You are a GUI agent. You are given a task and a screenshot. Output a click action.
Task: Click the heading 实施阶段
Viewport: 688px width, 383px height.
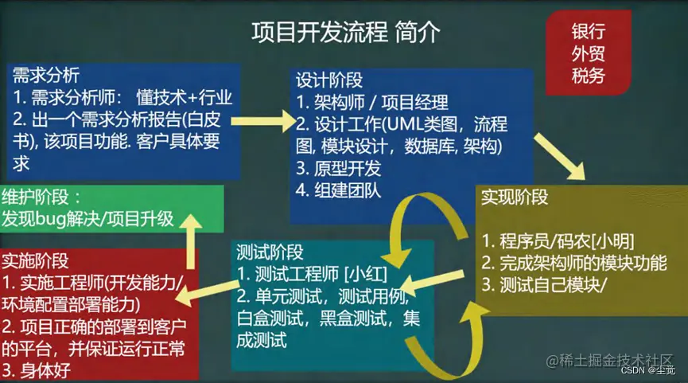tap(35, 261)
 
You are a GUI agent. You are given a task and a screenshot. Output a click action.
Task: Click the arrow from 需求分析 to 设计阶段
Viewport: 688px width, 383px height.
tap(260, 123)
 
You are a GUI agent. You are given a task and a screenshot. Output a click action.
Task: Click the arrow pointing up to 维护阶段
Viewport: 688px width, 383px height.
tap(191, 239)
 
